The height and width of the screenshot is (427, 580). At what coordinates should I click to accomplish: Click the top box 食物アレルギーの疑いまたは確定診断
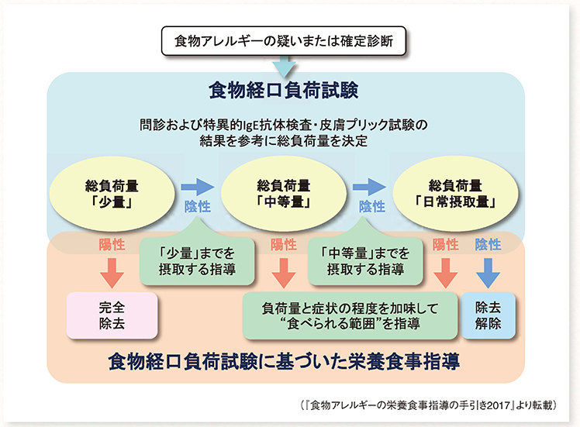click(284, 40)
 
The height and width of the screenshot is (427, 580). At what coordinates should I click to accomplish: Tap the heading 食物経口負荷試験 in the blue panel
click(284, 91)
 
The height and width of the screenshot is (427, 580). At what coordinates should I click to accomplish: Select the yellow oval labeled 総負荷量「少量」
click(112, 194)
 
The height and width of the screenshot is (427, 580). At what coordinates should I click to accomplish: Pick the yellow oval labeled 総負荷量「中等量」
click(284, 194)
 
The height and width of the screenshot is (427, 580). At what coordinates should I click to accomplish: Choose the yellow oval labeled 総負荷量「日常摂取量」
click(455, 194)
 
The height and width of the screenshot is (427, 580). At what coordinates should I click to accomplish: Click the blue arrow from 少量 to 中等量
click(198, 187)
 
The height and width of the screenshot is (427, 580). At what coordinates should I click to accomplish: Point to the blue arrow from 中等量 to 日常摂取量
click(369, 187)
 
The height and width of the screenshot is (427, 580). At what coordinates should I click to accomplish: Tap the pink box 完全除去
click(112, 315)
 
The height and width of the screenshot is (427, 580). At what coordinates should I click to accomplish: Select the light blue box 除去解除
click(488, 315)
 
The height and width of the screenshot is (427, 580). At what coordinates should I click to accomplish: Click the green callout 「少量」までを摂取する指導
click(197, 260)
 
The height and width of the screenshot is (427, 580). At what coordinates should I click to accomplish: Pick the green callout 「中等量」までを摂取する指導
click(365, 260)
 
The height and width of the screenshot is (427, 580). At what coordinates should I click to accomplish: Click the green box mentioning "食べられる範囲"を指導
click(350, 315)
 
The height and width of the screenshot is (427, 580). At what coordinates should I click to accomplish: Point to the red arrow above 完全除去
click(112, 274)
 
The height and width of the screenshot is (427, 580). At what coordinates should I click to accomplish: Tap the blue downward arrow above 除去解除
click(488, 274)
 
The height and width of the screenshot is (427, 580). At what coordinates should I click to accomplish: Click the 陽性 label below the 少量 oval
click(112, 244)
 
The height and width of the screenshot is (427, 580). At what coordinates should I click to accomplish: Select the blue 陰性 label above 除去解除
click(488, 244)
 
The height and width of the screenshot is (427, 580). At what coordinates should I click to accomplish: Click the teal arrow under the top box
click(284, 67)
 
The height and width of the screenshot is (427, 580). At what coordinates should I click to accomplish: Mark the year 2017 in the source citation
click(499, 405)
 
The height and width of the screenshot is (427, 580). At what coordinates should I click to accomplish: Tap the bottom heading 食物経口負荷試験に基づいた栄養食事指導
click(284, 362)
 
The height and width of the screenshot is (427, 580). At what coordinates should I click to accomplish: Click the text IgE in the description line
click(250, 126)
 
